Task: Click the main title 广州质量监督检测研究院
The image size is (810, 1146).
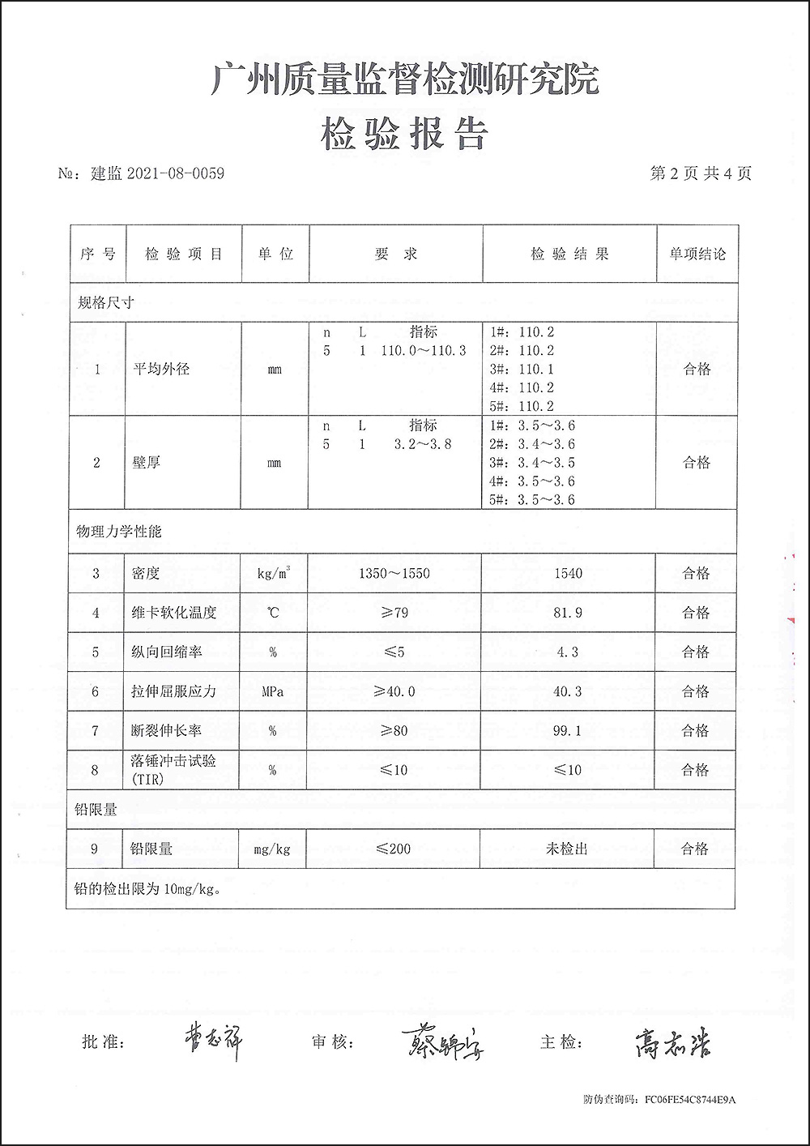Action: click(x=405, y=80)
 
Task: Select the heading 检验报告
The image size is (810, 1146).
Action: click(x=404, y=134)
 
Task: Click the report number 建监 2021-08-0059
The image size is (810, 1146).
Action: click(x=158, y=173)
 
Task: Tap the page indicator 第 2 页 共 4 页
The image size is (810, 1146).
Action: click(x=701, y=173)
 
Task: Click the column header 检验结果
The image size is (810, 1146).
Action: click(x=569, y=254)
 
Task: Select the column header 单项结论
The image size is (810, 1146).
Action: click(x=697, y=254)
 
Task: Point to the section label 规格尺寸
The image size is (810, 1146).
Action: click(x=105, y=303)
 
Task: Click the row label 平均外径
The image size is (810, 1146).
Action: click(x=161, y=370)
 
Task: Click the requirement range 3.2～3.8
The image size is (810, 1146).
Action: click(x=422, y=444)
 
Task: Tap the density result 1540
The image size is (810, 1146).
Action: click(x=568, y=574)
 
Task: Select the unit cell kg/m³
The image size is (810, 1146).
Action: click(x=274, y=574)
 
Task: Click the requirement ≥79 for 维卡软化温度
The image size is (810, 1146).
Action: click(x=394, y=613)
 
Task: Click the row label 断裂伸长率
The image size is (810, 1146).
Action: click(x=166, y=731)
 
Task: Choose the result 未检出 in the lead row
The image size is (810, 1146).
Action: click(x=566, y=849)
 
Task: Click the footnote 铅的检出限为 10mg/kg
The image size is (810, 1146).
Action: click(x=147, y=889)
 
